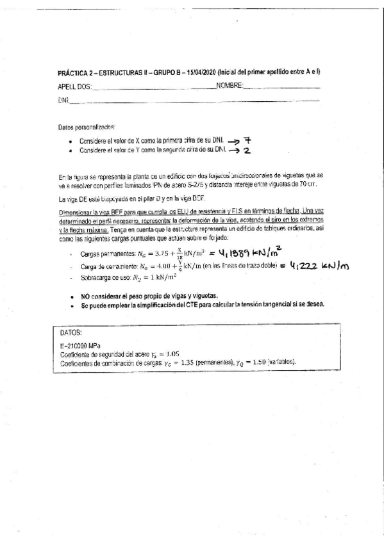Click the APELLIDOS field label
[x=74, y=87]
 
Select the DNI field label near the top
[x=63, y=101]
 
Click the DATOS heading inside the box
[x=71, y=334]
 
